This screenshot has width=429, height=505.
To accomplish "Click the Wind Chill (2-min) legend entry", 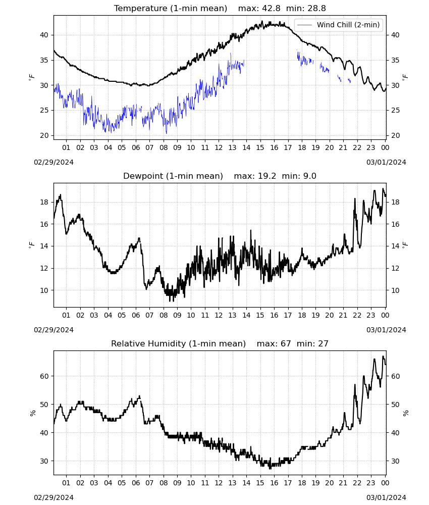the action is click(x=339, y=25).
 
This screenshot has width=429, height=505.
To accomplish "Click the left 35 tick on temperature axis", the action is click(x=44, y=60).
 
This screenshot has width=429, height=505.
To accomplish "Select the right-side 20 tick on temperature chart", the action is click(x=395, y=135).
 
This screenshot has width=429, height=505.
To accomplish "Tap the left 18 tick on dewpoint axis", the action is click(x=44, y=203).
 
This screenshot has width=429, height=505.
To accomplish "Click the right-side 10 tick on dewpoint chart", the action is click(x=395, y=290).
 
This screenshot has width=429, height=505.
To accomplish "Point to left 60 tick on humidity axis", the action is click(x=44, y=376).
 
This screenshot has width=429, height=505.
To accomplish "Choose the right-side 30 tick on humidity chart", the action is click(x=395, y=461).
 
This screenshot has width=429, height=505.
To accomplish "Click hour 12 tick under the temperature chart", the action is click(x=219, y=147).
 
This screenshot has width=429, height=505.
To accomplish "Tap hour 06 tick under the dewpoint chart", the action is click(x=135, y=315).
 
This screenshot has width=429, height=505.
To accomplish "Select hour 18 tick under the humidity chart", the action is click(x=302, y=483).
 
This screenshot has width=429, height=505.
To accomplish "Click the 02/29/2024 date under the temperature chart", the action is click(x=53, y=162).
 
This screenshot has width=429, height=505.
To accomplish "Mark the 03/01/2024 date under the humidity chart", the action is click(x=386, y=497).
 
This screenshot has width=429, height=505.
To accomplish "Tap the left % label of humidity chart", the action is click(x=32, y=413).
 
